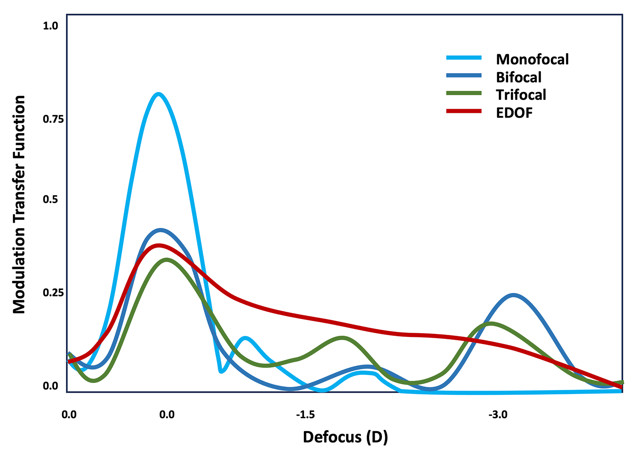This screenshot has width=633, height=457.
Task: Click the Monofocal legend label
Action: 532,59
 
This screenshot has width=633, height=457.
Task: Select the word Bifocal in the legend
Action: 519,77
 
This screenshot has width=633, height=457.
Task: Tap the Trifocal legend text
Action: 521,95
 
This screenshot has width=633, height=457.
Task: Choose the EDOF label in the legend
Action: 514,112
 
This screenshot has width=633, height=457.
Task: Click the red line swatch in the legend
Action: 464,111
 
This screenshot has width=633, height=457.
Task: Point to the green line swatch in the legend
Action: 464,93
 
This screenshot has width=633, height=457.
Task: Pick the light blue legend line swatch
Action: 464,58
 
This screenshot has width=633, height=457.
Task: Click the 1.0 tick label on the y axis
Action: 50,26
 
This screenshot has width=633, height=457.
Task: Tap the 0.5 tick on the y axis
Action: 50,200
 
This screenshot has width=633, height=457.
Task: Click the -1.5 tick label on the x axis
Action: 305,415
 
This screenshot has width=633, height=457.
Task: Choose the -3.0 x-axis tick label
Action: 498,415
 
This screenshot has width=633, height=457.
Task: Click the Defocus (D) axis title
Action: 345,437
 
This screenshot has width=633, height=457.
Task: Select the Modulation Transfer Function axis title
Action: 19,204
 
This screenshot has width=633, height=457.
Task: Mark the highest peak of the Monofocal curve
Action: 158,94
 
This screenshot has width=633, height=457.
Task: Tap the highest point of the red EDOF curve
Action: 159,245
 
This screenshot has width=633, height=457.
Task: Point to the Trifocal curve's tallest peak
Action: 167,260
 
